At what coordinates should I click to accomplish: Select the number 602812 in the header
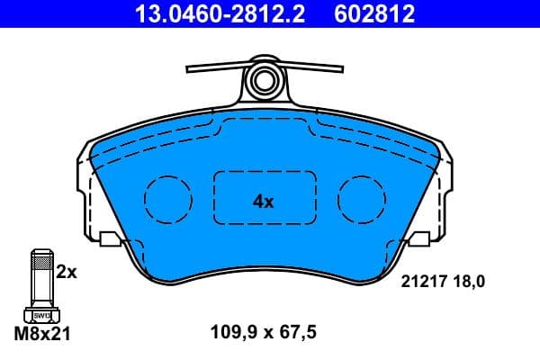376,14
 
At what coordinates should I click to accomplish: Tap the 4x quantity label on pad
263,202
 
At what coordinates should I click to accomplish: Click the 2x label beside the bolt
67,272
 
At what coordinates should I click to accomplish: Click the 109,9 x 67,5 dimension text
264,334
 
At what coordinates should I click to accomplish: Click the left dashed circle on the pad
167,194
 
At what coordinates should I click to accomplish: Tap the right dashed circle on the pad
361,194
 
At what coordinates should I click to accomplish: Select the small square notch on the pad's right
420,239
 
